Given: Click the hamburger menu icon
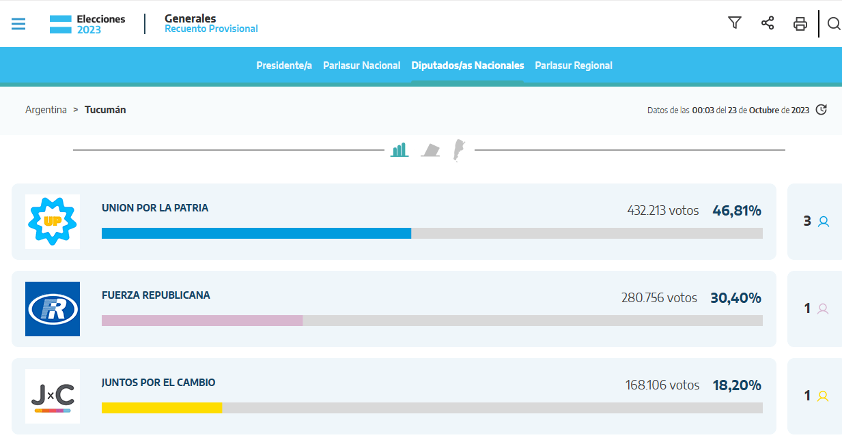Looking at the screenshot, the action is pos(18,24).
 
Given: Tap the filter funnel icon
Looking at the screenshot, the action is pos(735,23).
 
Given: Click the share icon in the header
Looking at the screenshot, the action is pos(768,23).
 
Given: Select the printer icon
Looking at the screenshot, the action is pos(800,24).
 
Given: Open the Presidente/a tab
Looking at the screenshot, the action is pos(284,65).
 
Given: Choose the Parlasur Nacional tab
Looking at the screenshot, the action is pos(362,65).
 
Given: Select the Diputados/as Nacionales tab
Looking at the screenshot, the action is pos(468,65).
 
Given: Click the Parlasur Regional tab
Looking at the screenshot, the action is pos(574,65).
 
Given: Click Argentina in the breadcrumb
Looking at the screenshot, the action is pos(46,110).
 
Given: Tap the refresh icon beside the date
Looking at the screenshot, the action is pos(822,110).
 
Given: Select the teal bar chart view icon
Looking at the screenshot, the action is pos(399,149).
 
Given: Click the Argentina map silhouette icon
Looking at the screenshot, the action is pos(459,150).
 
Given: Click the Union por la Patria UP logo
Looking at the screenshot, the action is pos(53,222).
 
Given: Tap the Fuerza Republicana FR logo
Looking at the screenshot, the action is pos(53,309).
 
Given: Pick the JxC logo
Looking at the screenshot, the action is pos(53,396).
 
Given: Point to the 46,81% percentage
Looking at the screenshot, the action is pos(737,211).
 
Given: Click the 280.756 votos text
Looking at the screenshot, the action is pos(659,298).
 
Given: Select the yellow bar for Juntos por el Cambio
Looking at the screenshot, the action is pos(162,408).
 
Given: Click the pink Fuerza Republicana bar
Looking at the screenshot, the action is pos(202,321).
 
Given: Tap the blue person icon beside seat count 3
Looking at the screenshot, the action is pos(824,222).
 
